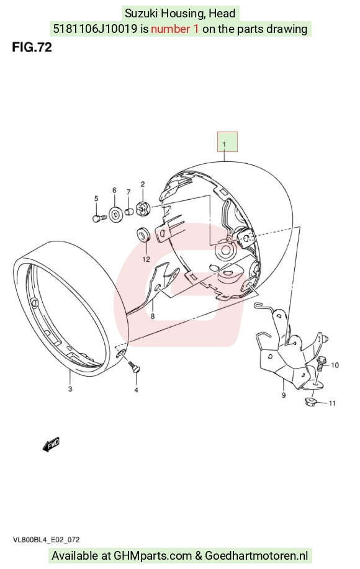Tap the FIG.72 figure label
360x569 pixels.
[x=32, y=47]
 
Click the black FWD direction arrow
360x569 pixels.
[x=51, y=444]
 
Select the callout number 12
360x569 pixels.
[x=146, y=259]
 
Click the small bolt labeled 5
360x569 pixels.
[x=99, y=218]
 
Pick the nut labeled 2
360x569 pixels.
[x=142, y=209]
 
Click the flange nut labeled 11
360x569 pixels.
[x=311, y=401]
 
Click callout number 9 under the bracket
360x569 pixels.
[x=284, y=395]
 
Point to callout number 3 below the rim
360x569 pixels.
[x=70, y=389]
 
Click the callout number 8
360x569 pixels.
[x=153, y=316]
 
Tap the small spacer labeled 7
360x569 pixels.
[x=129, y=212]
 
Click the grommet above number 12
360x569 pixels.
[x=143, y=234]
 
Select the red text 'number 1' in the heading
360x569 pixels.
[x=174, y=29]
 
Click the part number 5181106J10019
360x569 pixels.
[x=95, y=29]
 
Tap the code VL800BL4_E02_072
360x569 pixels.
[x=46, y=540]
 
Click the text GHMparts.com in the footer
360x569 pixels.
[x=153, y=555]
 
